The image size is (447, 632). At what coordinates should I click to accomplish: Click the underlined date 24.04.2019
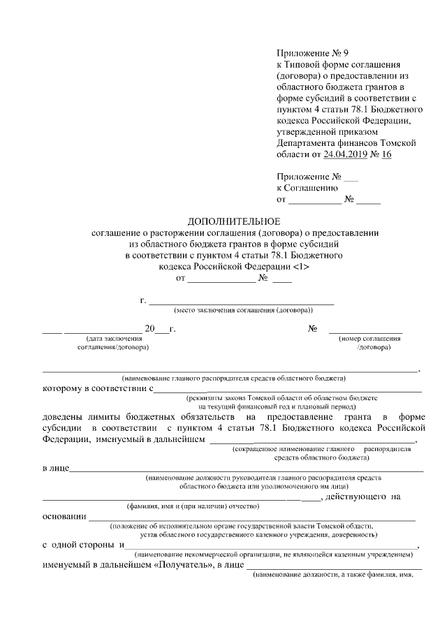pos(349,154)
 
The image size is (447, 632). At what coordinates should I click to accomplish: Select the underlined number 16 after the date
pos(385,154)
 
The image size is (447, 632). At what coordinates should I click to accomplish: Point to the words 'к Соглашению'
pos(307,188)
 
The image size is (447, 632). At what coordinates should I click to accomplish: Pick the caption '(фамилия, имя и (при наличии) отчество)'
pos(193,506)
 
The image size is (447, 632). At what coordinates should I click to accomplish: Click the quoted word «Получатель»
pos(184,565)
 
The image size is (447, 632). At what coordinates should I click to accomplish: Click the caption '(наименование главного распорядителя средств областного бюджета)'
pos(233,378)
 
